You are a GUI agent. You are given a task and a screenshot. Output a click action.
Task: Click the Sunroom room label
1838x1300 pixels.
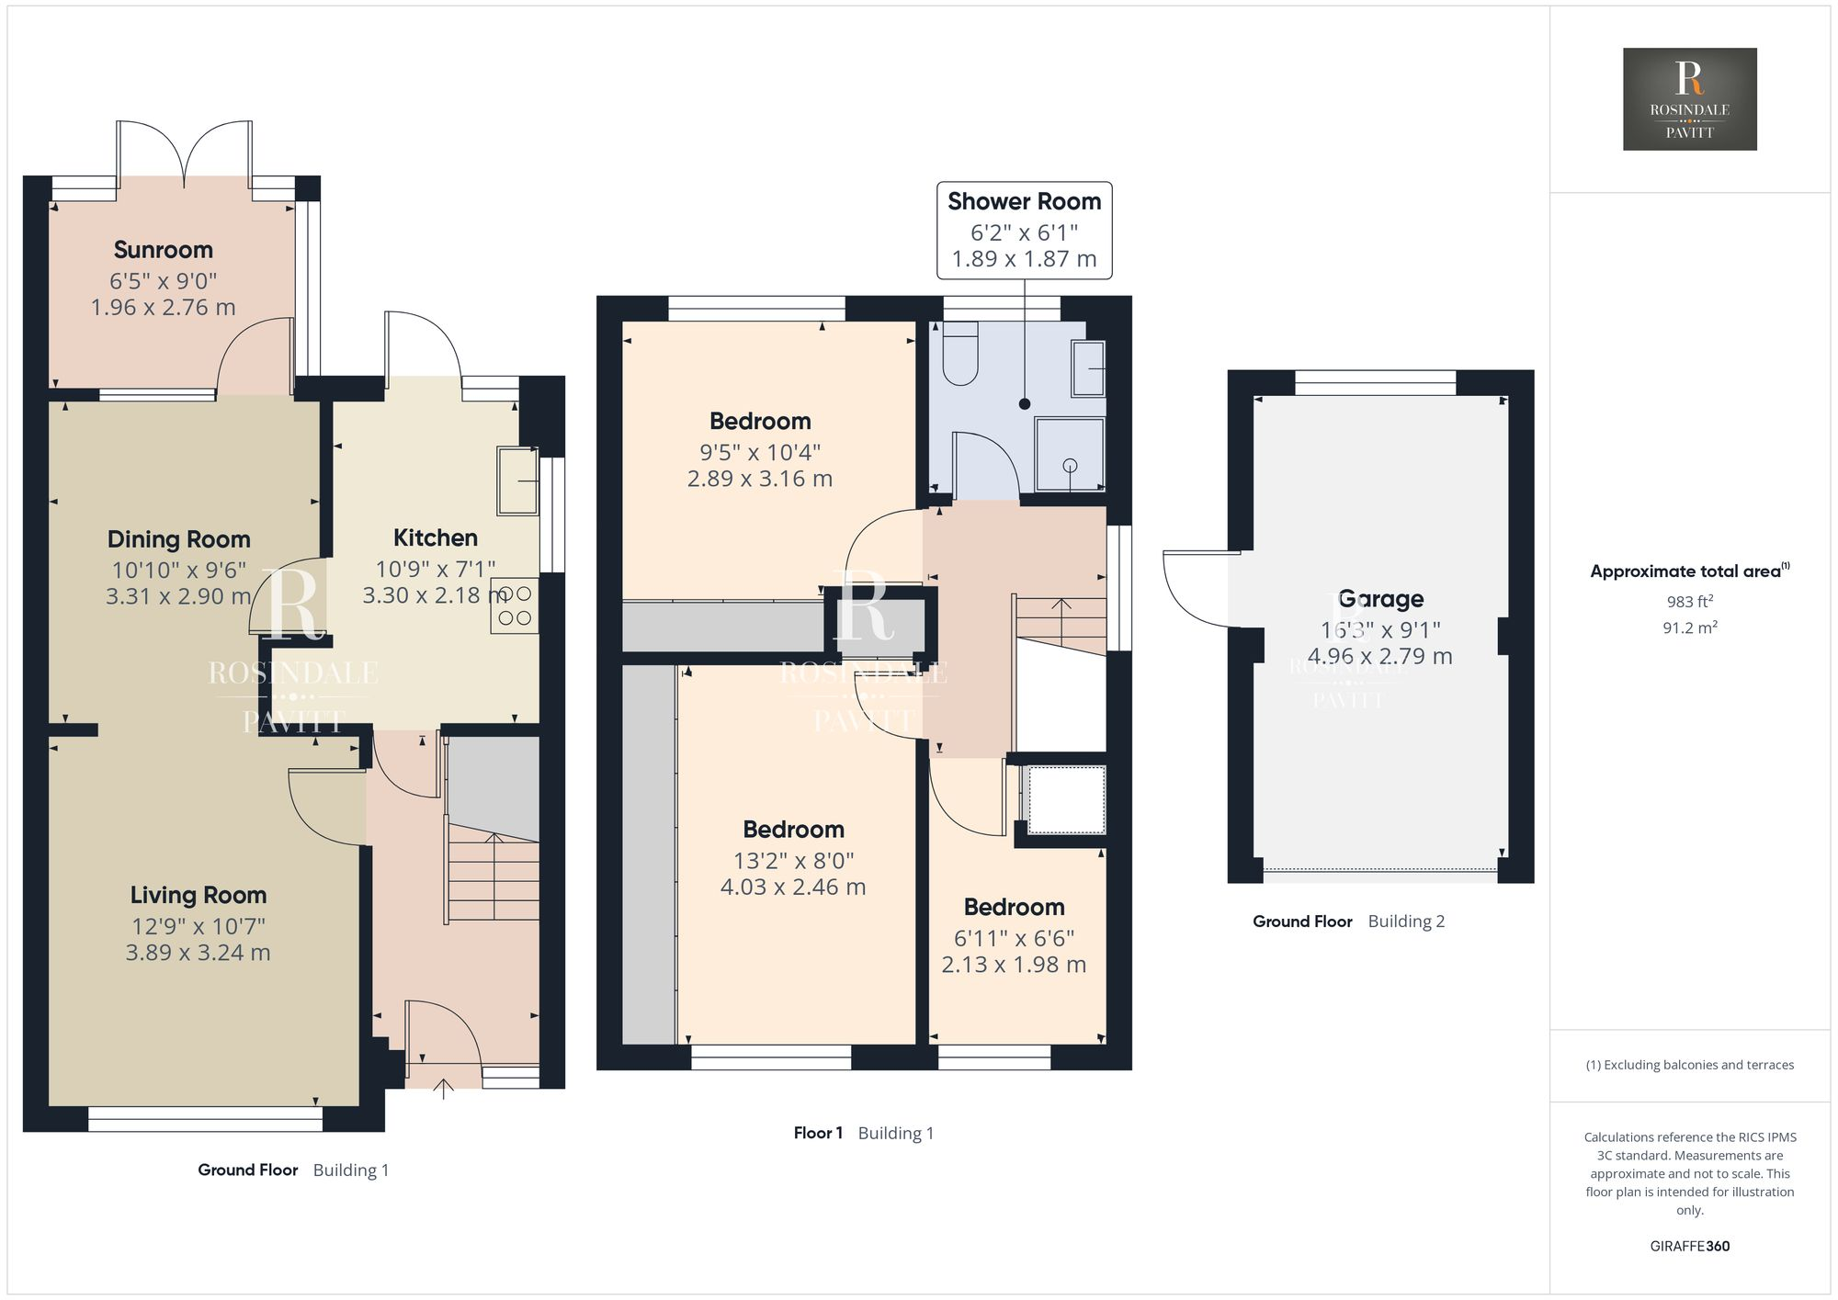(164, 250)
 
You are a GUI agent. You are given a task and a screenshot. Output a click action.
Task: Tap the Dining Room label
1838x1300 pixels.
(178, 539)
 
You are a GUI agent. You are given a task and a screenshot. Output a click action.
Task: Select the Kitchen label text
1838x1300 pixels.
(436, 537)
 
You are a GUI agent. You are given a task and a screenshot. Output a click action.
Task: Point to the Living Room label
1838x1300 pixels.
(199, 895)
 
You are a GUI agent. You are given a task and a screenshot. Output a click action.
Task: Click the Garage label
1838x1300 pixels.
(1381, 600)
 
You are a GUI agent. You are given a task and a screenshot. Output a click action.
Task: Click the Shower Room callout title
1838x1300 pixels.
(1024, 201)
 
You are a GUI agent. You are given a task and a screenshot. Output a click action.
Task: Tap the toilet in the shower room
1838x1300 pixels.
(960, 353)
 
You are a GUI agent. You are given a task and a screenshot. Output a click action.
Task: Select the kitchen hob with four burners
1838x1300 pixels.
(515, 605)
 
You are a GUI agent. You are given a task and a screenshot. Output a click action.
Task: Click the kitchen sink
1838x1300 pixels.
(518, 480)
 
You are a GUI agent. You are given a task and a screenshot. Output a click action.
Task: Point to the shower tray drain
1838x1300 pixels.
(1070, 466)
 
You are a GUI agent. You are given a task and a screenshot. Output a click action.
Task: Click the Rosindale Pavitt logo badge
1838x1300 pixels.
(1690, 99)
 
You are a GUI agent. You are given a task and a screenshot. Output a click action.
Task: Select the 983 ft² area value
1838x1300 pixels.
(1690, 602)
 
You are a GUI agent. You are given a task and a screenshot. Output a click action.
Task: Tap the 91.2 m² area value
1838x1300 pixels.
(1690, 628)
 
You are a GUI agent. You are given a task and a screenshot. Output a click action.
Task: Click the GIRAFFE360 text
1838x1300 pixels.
(1690, 1247)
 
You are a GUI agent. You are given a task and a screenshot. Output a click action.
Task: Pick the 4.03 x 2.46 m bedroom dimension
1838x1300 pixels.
(793, 887)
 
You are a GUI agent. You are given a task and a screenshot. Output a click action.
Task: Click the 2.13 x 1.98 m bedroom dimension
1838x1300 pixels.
(1014, 965)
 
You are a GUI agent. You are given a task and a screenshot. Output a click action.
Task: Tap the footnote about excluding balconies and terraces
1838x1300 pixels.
(1690, 1065)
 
